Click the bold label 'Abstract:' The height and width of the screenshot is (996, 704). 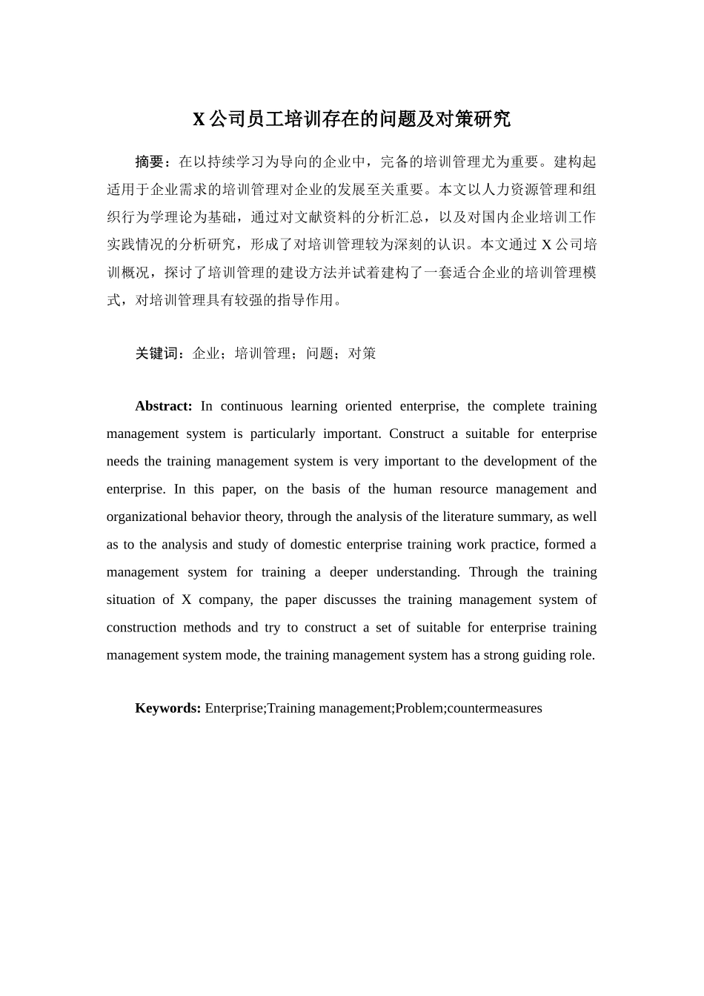(x=163, y=406)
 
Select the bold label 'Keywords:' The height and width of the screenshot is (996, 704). (x=167, y=708)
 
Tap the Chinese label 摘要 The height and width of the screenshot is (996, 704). (x=149, y=162)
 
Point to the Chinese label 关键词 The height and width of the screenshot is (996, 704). (x=156, y=353)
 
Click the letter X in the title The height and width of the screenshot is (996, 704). (x=199, y=119)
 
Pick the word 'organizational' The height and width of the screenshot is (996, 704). (x=147, y=517)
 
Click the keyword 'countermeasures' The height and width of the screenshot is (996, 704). (x=494, y=708)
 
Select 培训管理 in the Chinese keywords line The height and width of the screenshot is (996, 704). (x=263, y=353)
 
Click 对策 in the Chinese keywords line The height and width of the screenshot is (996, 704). (x=362, y=353)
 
